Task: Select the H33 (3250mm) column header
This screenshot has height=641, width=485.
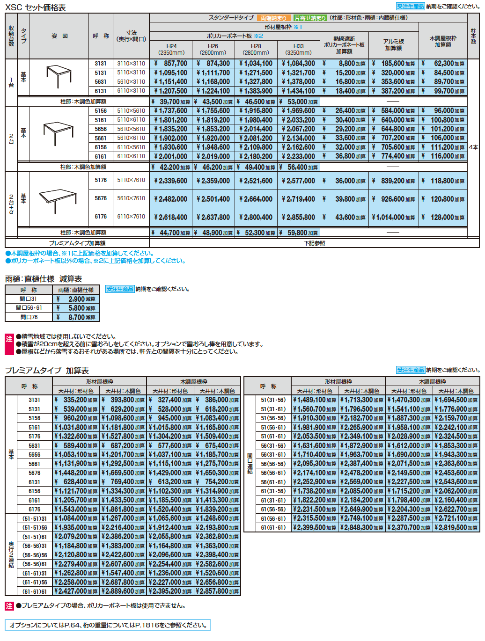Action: tap(298, 49)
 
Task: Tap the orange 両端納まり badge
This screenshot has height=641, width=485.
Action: tap(273, 18)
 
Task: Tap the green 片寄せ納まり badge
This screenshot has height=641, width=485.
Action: tap(310, 18)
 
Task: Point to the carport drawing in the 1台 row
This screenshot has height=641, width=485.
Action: tap(59, 76)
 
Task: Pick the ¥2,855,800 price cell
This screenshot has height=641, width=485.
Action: tap(298, 217)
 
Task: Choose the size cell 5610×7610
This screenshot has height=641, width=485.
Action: tap(131, 198)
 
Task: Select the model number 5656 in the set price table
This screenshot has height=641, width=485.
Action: tap(101, 129)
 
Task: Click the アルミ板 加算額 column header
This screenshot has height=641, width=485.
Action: tap(393, 45)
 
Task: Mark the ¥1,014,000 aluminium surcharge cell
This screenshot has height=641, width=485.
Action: tap(393, 217)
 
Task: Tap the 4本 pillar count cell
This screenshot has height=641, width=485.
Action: tap(473, 147)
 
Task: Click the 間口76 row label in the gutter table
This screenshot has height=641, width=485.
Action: tap(29, 317)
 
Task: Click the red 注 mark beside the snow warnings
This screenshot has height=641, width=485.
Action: tap(9, 339)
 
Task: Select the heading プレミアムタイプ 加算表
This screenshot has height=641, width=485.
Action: tap(47, 371)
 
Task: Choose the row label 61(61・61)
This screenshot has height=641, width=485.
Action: tap(273, 527)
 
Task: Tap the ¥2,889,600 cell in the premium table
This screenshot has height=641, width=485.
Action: tap(123, 591)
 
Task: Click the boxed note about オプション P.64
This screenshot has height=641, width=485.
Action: tap(108, 625)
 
